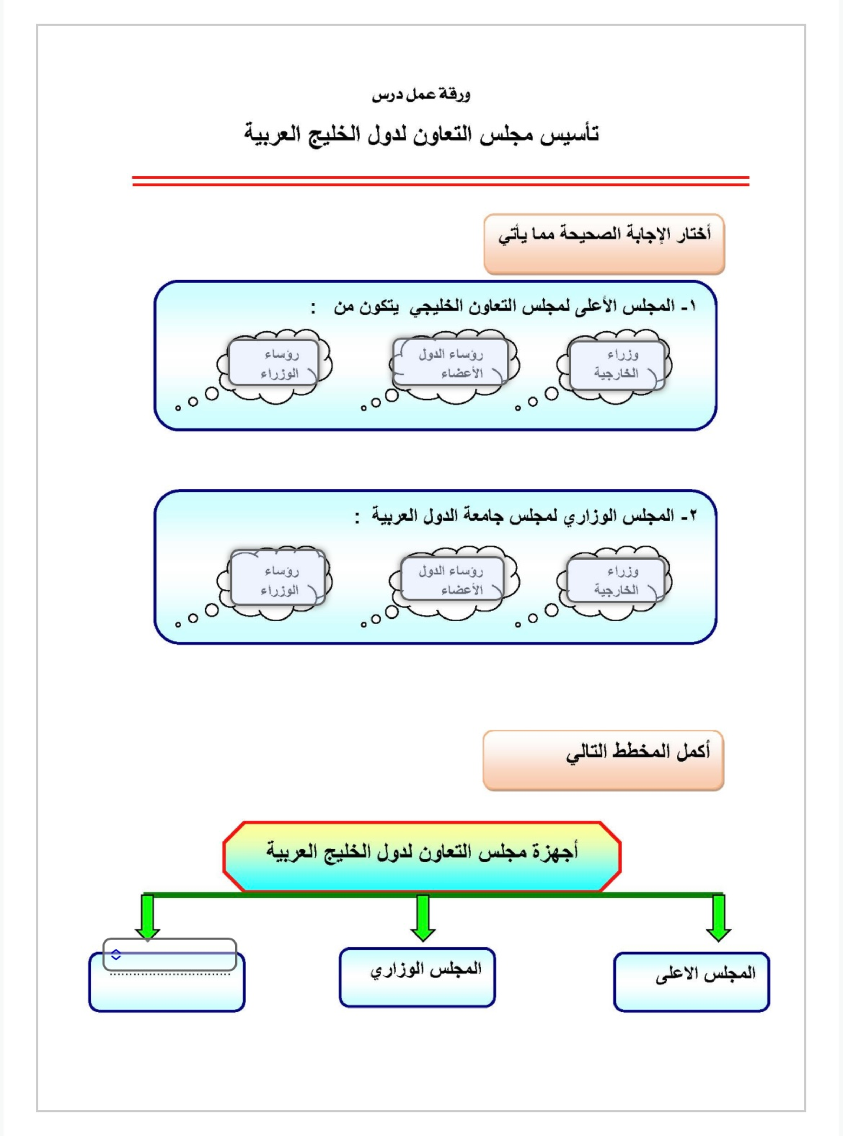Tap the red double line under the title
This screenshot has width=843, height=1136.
440,181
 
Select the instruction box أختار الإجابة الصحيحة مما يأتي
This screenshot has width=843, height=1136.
604,244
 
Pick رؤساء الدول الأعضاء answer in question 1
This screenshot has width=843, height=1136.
451,363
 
